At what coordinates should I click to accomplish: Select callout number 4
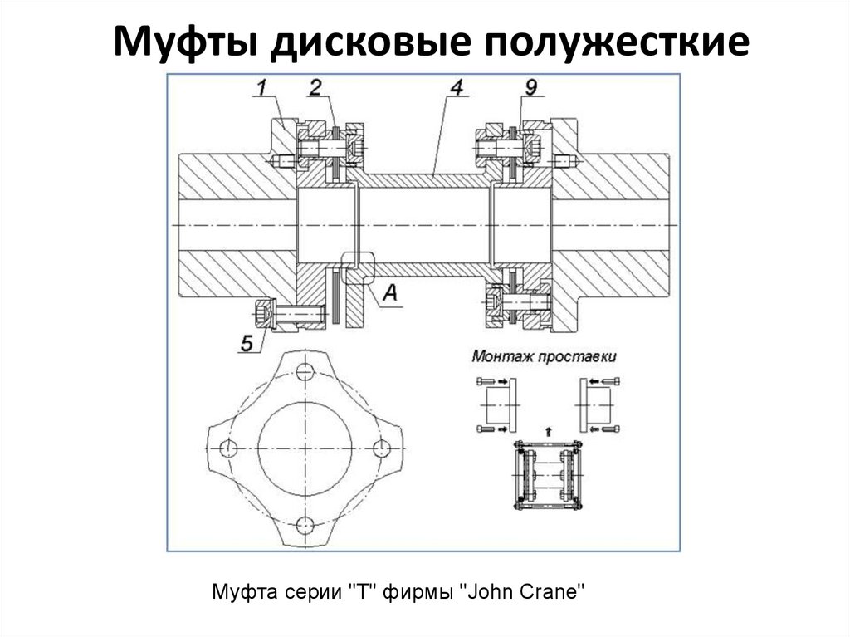click(456, 86)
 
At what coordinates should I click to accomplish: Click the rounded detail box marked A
click(358, 267)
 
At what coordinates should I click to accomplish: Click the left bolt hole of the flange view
click(225, 448)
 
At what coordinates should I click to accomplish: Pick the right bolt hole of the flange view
click(381, 448)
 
